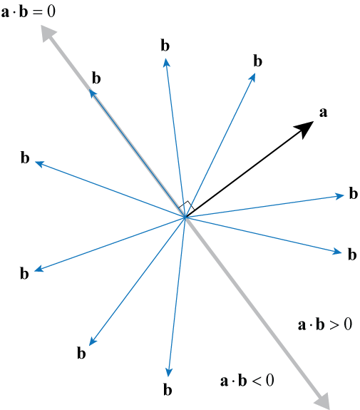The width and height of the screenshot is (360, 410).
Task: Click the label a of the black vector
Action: click(323, 113)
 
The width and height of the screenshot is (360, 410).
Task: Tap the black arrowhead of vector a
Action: click(304, 129)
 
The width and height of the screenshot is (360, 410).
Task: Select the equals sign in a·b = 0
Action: click(37, 12)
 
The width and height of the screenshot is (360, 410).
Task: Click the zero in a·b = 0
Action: click(51, 11)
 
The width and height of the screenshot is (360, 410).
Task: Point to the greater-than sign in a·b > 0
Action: click(334, 324)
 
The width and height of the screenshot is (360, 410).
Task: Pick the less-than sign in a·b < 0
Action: click(257, 381)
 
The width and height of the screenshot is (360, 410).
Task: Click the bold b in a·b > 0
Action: click(320, 324)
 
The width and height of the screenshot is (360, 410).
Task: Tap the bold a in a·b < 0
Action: click(225, 381)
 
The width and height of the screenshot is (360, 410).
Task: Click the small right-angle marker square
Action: click(186, 207)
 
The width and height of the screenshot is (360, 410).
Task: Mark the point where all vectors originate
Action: click(185, 217)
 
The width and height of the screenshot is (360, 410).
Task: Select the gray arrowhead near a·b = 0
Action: click(48, 32)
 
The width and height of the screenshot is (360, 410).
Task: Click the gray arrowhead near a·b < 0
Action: click(323, 401)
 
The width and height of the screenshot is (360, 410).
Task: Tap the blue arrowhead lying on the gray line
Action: click(93, 93)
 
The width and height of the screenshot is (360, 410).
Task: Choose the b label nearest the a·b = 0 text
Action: click(96, 78)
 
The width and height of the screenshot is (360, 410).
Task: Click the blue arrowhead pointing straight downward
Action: click(169, 372)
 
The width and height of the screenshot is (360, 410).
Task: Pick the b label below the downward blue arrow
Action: click(168, 389)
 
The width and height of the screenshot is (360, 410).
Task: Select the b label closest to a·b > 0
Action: click(352, 255)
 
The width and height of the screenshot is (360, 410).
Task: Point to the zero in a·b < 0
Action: click(270, 381)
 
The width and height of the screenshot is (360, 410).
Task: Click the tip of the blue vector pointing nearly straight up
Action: click(165, 58)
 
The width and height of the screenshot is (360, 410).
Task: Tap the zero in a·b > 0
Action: click(348, 324)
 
